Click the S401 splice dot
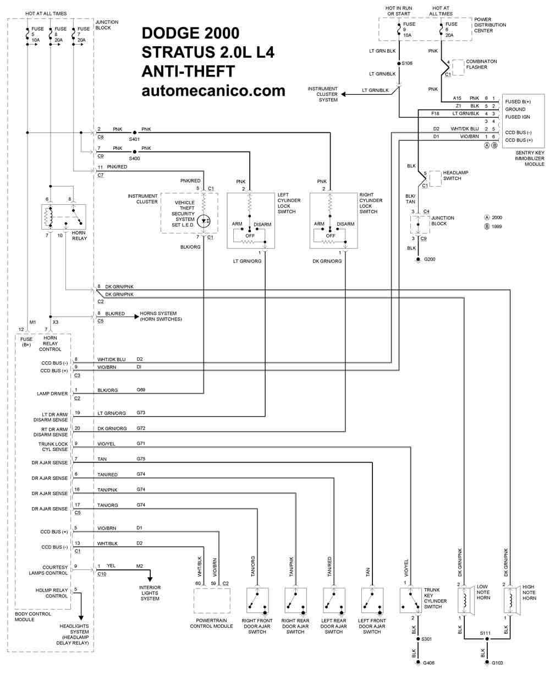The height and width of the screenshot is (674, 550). (134, 132)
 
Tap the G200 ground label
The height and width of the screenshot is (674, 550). (430, 259)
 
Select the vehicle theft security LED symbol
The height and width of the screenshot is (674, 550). (204, 221)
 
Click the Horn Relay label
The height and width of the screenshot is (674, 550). (79, 236)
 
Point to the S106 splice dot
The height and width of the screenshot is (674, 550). (399, 63)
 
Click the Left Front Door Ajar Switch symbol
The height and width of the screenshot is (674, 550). (372, 601)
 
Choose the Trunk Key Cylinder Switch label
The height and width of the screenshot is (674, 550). (435, 598)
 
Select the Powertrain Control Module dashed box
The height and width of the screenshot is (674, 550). (212, 600)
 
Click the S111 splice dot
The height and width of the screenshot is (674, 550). (487, 639)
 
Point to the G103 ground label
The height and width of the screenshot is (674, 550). (497, 663)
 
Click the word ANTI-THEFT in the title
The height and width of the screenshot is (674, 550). (188, 71)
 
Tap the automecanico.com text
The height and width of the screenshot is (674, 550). (213, 91)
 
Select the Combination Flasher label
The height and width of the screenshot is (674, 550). (481, 64)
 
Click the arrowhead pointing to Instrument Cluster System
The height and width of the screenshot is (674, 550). (343, 94)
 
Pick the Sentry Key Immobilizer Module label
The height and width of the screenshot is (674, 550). (529, 158)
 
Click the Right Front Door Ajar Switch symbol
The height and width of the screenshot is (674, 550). (257, 601)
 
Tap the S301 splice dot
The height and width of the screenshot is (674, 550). (418, 639)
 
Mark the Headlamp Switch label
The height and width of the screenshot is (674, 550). (455, 175)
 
